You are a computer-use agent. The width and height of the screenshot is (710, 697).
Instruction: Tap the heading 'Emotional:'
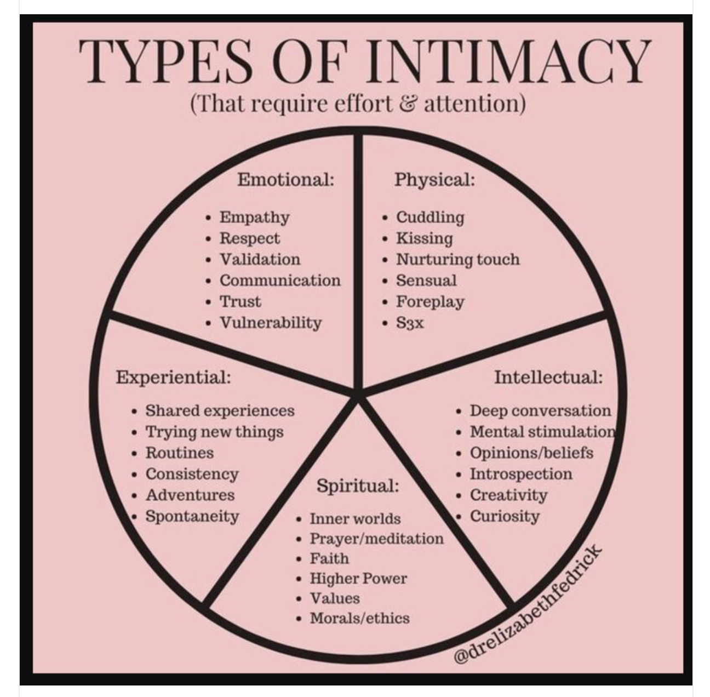[285, 179]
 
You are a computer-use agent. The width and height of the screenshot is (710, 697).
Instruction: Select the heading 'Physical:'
[434, 179]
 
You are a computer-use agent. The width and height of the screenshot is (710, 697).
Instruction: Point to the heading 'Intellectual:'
[548, 377]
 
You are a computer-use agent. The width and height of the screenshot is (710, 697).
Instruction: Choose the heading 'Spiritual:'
[357, 485]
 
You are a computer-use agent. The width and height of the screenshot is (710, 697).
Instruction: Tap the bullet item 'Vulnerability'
[271, 323]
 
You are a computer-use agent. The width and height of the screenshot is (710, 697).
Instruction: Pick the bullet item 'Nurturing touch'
[457, 259]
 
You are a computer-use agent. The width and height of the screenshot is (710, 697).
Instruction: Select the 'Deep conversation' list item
[540, 410]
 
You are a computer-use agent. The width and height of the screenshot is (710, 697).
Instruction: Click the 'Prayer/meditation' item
[376, 539]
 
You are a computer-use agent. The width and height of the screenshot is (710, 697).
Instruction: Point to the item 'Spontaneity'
[192, 516]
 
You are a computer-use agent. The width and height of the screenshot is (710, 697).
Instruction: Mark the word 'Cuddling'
[430, 217]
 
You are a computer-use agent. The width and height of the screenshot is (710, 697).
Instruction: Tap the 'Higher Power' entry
[358, 579]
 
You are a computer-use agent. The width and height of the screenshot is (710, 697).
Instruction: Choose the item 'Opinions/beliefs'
[531, 453]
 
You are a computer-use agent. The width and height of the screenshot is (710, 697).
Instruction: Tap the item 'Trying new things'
[214, 432]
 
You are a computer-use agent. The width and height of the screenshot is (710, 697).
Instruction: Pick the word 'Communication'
[280, 281]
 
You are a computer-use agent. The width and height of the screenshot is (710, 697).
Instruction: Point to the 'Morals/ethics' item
[359, 618]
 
